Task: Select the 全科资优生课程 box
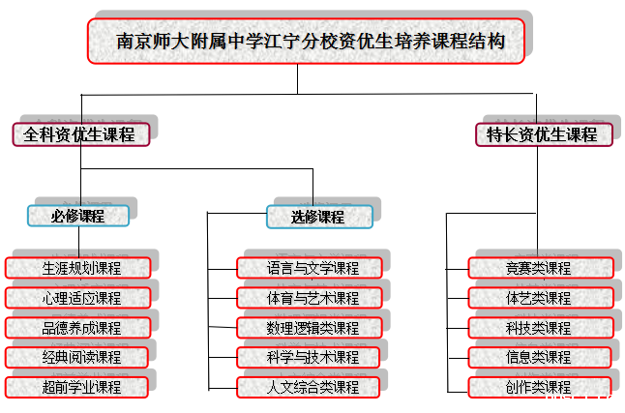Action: [x=81, y=134]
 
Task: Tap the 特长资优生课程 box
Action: [x=544, y=134]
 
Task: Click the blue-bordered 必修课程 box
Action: [x=78, y=216]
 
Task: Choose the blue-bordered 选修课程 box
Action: [x=318, y=216]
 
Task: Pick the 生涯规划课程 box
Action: [x=78, y=268]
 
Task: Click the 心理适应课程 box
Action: [x=78, y=298]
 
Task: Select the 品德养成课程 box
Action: [x=78, y=328]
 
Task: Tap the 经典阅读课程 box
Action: [x=78, y=358]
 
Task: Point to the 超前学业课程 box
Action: [x=78, y=388]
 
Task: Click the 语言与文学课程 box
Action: [x=312, y=268]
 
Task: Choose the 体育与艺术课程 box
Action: [x=312, y=298]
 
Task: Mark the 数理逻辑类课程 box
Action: [x=312, y=328]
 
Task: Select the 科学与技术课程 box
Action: [x=312, y=358]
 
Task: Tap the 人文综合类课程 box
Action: [x=312, y=388]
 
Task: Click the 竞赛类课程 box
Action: [x=540, y=268]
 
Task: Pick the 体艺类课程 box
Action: [x=540, y=298]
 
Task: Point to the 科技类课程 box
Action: [x=540, y=328]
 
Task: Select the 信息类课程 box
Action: [x=540, y=358]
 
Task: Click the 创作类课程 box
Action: [x=540, y=388]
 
